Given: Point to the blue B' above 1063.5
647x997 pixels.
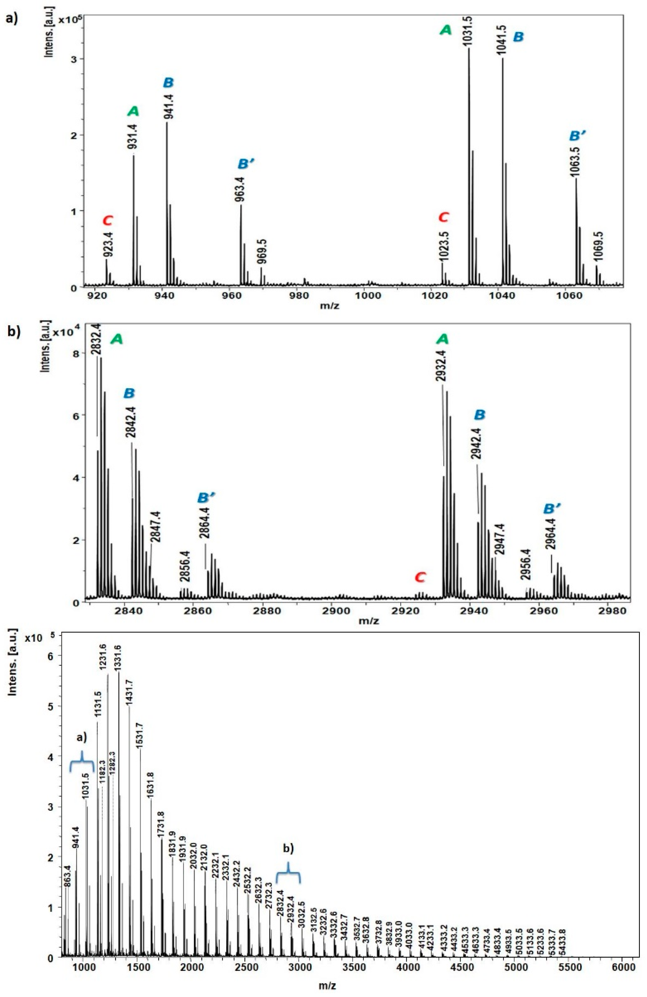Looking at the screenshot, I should pyautogui.click(x=578, y=136).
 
